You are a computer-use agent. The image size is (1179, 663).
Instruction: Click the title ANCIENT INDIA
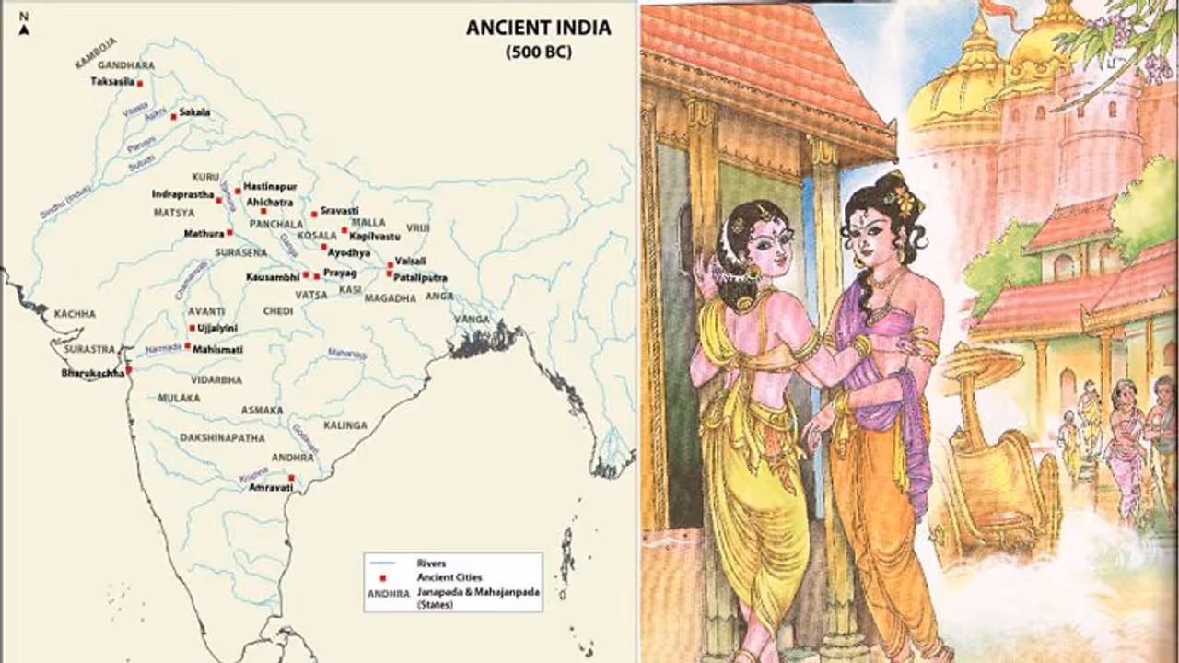click(538, 28)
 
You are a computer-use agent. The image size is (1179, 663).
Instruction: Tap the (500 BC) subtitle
click(538, 52)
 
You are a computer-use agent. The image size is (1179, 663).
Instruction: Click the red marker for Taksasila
click(140, 83)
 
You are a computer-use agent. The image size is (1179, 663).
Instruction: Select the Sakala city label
click(194, 113)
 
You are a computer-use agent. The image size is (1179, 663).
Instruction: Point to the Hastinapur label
click(270, 186)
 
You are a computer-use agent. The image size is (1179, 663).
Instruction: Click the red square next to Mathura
click(229, 233)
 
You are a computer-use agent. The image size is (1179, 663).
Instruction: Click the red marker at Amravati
click(291, 478)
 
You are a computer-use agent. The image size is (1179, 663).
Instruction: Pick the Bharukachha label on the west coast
click(92, 373)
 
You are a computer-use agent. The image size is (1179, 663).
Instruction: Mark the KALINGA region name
click(345, 425)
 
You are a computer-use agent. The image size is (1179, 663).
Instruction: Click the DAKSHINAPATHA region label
click(222, 438)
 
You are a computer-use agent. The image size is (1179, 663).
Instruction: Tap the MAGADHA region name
click(390, 298)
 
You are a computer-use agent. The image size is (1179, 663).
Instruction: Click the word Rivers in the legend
click(431, 563)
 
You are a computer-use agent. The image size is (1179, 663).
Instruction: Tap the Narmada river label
click(163, 349)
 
